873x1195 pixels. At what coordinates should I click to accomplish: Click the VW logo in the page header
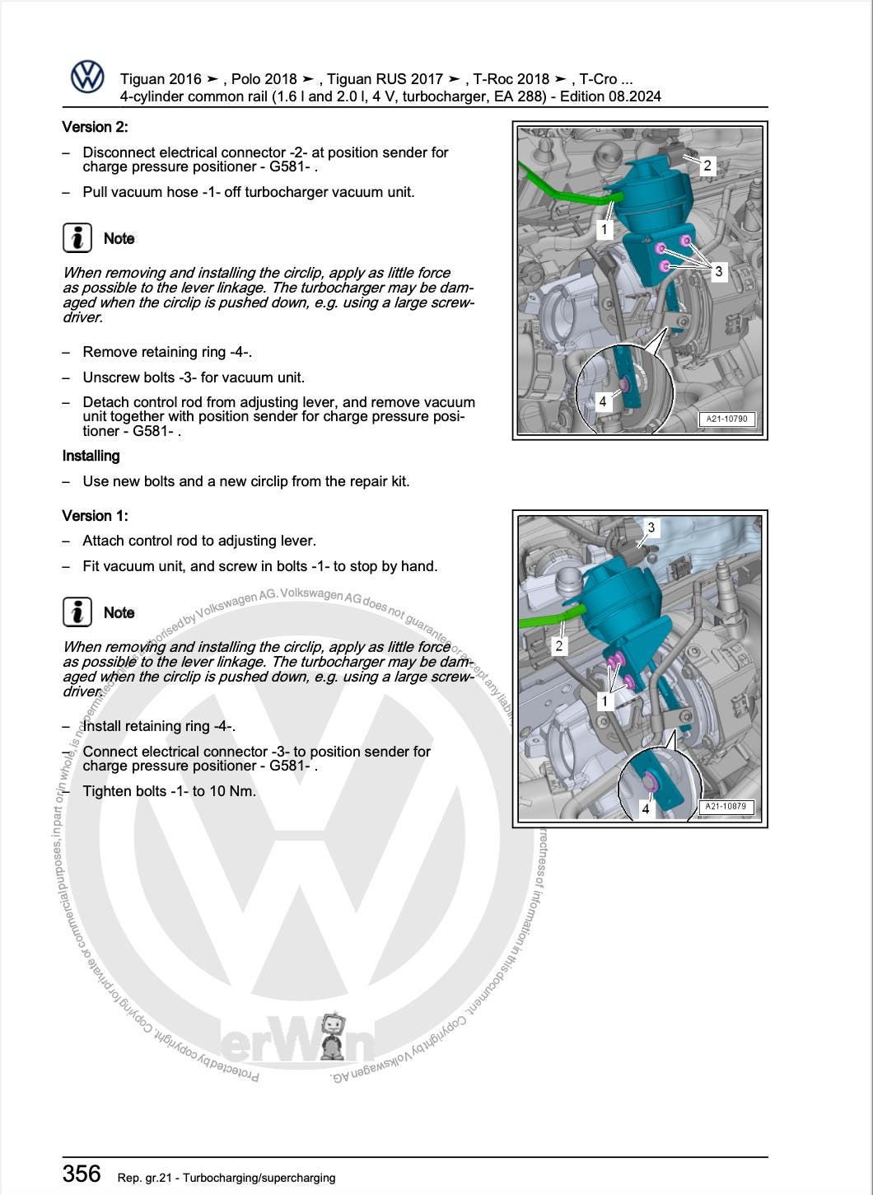87,77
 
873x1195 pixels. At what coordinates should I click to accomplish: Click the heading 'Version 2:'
95,127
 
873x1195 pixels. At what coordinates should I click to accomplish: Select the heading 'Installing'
91,456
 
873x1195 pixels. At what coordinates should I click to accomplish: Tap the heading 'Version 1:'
95,516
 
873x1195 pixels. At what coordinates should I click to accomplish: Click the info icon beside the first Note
77,238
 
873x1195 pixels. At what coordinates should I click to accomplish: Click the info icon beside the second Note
77,612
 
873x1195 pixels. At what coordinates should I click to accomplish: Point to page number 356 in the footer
82,1174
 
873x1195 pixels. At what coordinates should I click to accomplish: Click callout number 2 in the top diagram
707,166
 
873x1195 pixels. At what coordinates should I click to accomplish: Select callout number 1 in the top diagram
605,229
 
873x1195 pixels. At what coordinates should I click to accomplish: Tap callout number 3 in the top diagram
718,271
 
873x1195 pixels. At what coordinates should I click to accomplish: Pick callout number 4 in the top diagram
603,401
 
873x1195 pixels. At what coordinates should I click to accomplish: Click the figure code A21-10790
726,419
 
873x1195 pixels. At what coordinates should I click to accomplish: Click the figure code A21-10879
725,807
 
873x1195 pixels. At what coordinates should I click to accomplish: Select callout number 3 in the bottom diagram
651,527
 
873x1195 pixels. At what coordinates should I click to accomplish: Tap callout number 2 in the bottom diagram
559,645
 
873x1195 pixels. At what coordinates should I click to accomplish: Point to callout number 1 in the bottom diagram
605,701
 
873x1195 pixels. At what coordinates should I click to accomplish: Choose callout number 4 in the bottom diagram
646,808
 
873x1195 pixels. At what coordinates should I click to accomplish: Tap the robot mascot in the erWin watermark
333,1037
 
